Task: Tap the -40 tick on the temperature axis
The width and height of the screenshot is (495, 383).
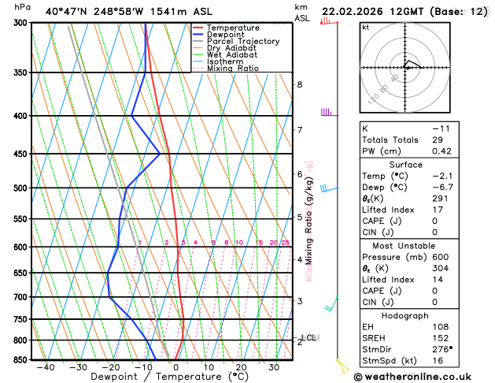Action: coord(45,366)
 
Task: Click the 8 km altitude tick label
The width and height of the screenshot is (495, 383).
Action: coord(300,84)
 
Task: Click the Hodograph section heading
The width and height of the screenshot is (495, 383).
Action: coord(405,315)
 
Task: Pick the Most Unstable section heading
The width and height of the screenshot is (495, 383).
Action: coord(405,246)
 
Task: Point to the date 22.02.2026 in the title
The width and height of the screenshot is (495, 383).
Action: coord(363,12)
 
